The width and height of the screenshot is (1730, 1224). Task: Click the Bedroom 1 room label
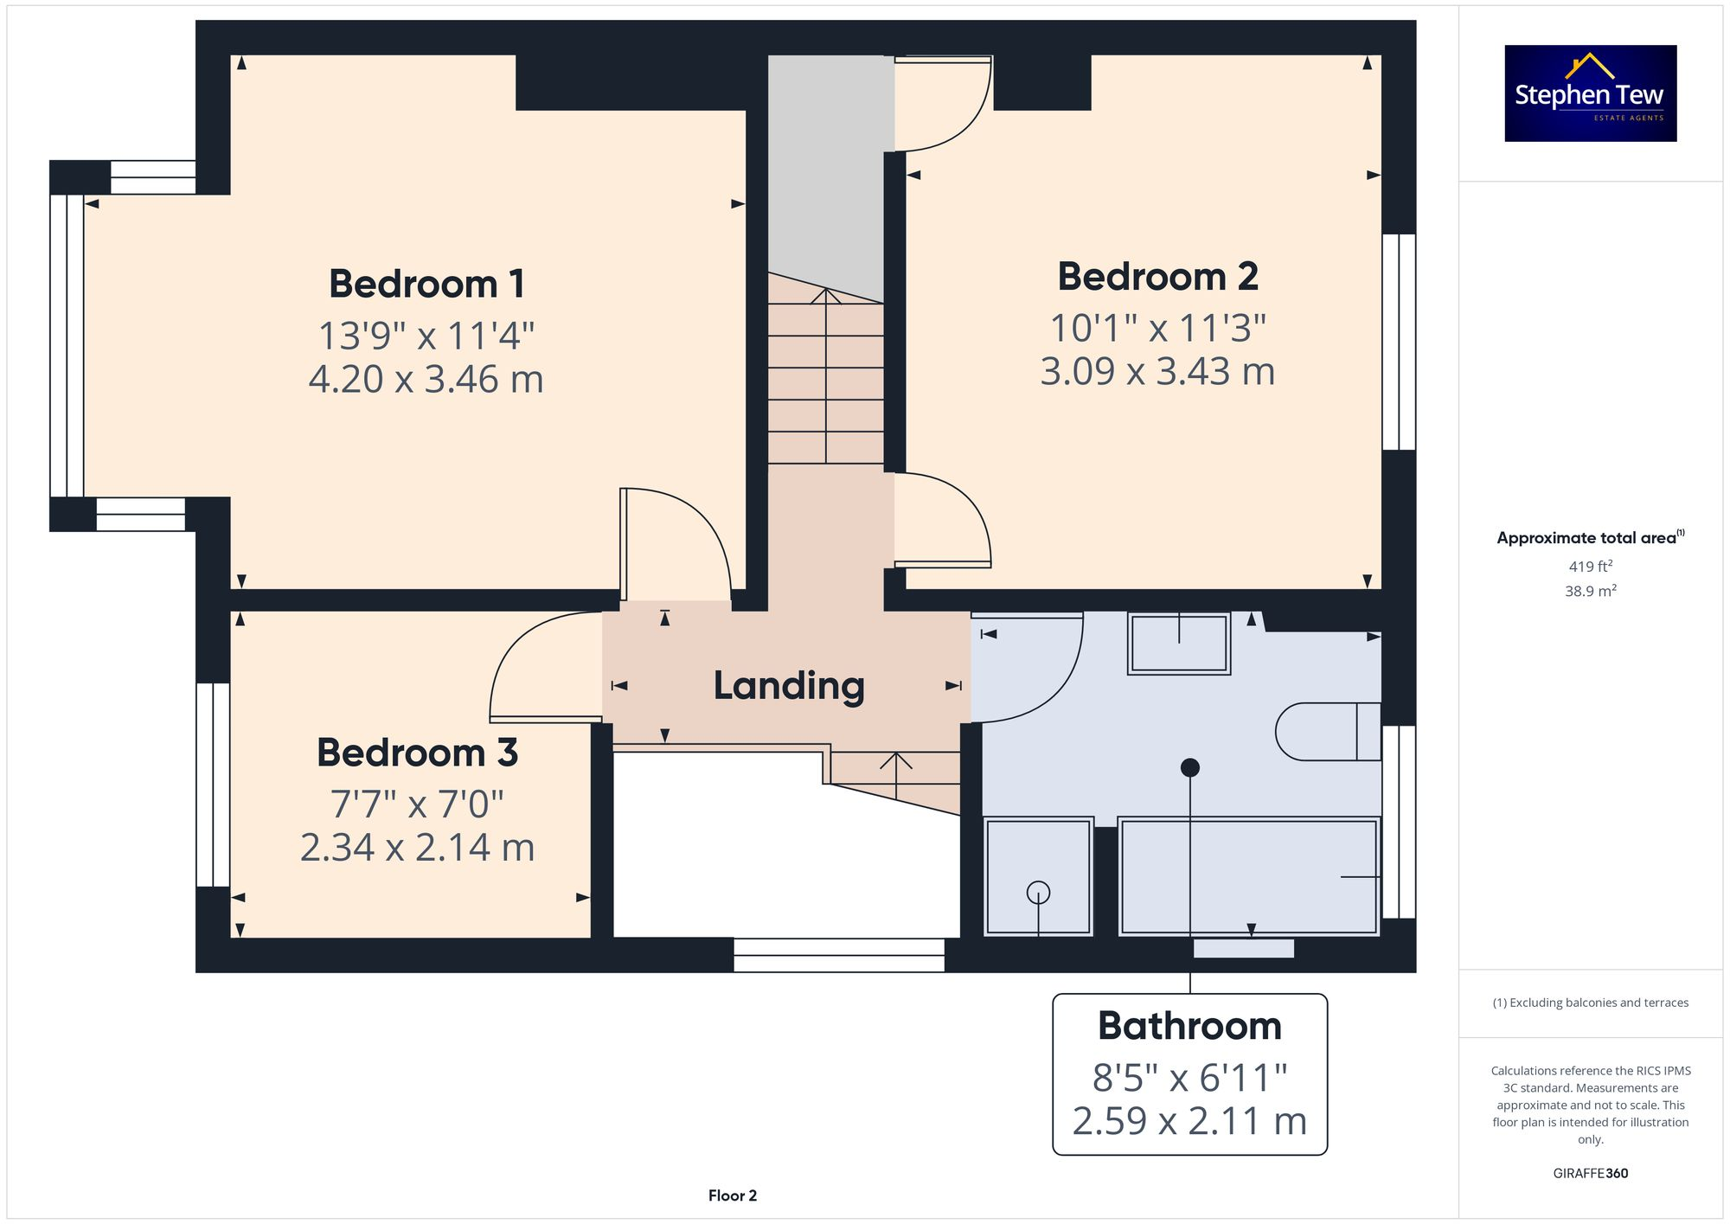click(x=426, y=284)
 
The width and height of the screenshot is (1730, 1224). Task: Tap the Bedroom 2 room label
click(x=1157, y=277)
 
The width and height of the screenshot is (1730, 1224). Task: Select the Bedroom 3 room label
click(x=417, y=753)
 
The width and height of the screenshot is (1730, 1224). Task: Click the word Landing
click(x=788, y=686)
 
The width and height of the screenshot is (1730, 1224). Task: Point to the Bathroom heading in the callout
click(x=1189, y=1026)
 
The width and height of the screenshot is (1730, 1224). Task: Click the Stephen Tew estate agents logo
click(x=1590, y=93)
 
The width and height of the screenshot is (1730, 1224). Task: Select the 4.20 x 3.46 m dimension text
click(x=426, y=380)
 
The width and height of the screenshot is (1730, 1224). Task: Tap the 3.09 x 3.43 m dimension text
click(x=1157, y=372)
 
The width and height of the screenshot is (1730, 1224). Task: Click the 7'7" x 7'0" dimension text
click(x=417, y=804)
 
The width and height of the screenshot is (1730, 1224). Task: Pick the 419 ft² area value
click(x=1590, y=567)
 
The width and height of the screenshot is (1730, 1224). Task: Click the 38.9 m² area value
click(x=1590, y=591)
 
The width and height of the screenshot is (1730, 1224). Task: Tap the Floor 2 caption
click(x=732, y=1195)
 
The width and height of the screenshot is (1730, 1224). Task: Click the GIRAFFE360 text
click(x=1590, y=1173)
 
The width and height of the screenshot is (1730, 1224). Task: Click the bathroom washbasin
click(x=1178, y=644)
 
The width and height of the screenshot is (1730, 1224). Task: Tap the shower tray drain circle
click(x=1038, y=892)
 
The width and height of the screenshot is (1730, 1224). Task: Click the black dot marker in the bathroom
click(x=1190, y=767)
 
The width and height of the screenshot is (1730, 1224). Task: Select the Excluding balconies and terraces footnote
click(x=1590, y=1003)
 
